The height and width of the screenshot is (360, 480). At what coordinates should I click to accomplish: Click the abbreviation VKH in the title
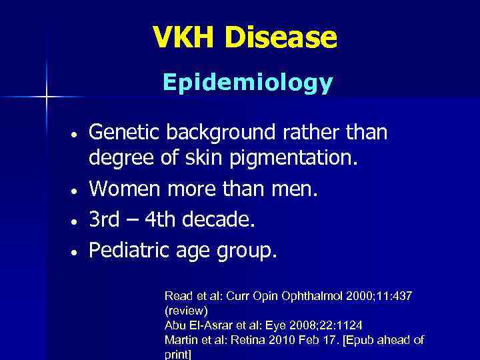click(x=185, y=37)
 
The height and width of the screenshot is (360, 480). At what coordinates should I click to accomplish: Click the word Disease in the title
click(x=281, y=37)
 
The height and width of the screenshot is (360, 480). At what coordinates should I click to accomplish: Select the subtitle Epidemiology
click(x=247, y=83)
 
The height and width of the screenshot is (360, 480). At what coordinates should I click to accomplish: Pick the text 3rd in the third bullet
click(x=104, y=220)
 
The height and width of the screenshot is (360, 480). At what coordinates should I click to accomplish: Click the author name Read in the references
click(x=177, y=295)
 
